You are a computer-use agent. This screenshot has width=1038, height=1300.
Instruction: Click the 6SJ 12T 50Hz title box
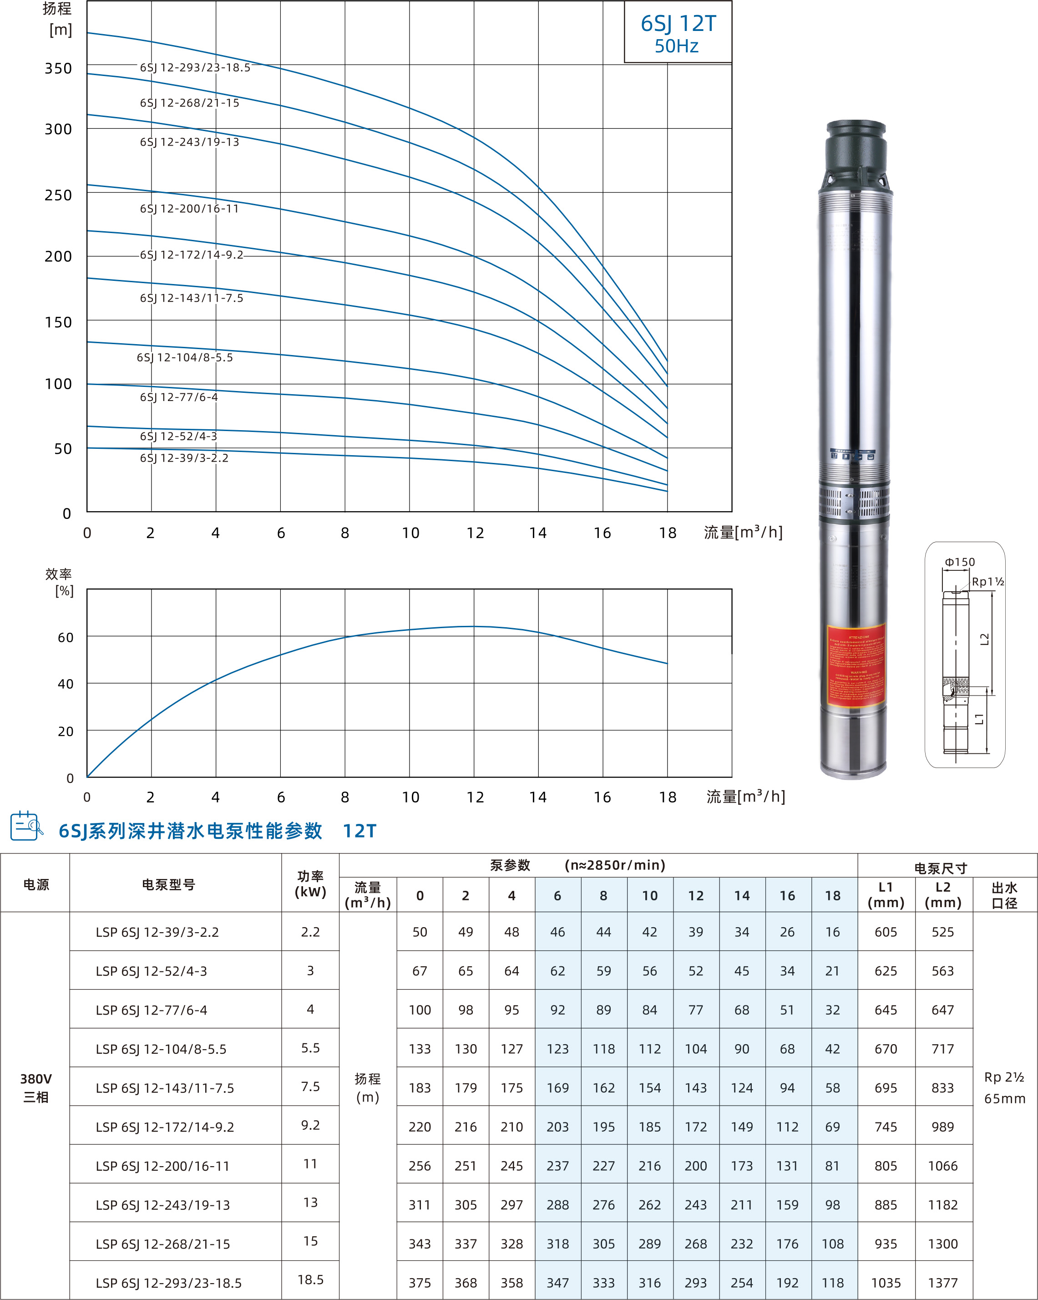pos(678,33)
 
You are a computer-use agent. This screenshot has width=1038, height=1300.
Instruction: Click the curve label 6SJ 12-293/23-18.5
pos(195,67)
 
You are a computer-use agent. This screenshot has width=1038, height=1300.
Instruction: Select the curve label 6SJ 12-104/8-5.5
pos(184,358)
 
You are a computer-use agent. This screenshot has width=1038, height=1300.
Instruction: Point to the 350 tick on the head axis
pos(58,68)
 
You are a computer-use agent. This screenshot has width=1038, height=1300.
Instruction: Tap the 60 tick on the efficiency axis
pos(65,637)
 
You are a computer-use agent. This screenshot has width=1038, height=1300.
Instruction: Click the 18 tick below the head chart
pos(667,533)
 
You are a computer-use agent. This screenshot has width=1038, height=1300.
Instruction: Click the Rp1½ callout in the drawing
pos(987,581)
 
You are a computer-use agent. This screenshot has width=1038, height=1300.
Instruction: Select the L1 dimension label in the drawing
pos(980,718)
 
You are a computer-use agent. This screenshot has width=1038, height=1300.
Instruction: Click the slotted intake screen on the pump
pos(854,502)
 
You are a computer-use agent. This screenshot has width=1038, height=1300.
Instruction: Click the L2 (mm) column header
pos(943,895)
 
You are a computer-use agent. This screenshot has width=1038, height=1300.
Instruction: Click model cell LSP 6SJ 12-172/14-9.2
pos(165,1127)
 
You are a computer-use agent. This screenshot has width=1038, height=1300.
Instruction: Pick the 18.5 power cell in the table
pos(310,1279)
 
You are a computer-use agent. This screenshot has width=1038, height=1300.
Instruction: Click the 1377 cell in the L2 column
pos(943,1283)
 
